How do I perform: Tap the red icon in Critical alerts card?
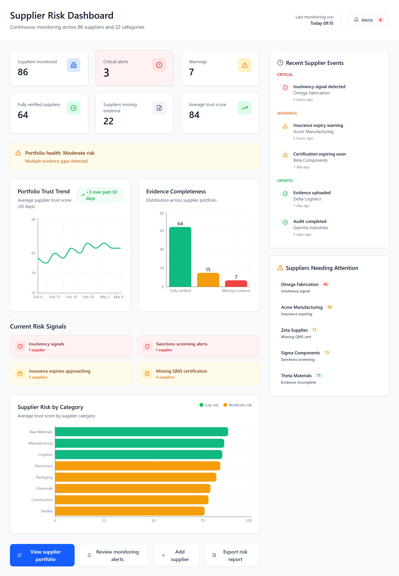tap(159, 65)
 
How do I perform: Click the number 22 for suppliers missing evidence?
tap(108, 121)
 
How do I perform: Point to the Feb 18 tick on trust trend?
tap(71, 297)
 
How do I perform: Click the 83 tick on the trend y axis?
tap(33, 253)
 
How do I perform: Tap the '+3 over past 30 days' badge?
tap(100, 195)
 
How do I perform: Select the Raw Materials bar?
tap(141, 432)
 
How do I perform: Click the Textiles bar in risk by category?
tap(129, 511)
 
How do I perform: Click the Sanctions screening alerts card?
tap(198, 346)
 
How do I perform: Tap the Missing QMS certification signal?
tap(198, 373)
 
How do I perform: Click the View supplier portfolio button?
tap(42, 555)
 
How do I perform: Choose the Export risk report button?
tap(232, 555)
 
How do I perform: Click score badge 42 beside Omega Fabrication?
tap(325, 284)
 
